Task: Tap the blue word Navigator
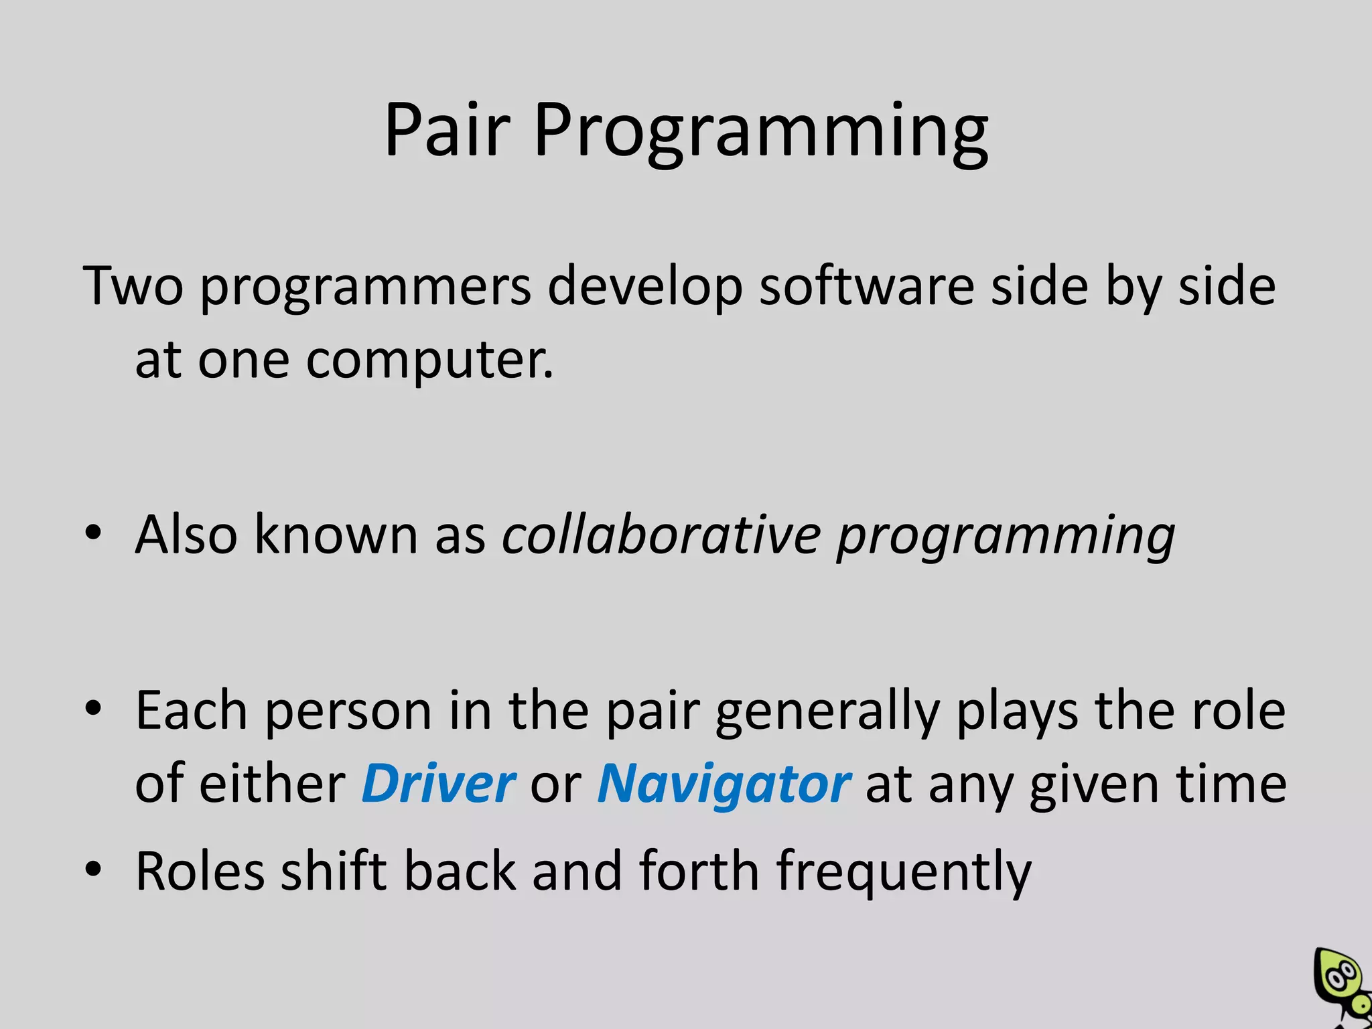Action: [x=724, y=784]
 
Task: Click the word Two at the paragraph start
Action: [x=133, y=287]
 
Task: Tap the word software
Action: [x=867, y=287]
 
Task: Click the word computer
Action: [x=429, y=362]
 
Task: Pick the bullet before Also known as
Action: [x=93, y=533]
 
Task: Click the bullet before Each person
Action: [x=93, y=707]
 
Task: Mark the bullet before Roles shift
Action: [x=93, y=869]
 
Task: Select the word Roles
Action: [x=200, y=871]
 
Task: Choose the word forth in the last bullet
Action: [x=699, y=870]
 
